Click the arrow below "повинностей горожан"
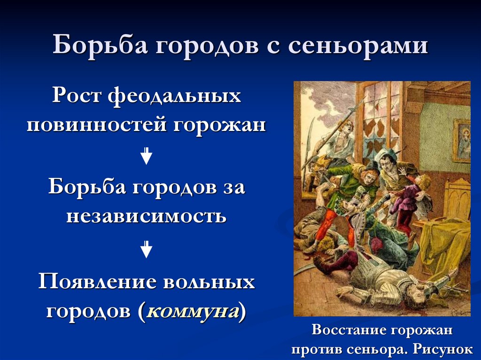pos(147,156)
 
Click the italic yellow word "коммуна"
pos(192,311)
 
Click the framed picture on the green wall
pos(462,140)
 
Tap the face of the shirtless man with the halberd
pos(347,127)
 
